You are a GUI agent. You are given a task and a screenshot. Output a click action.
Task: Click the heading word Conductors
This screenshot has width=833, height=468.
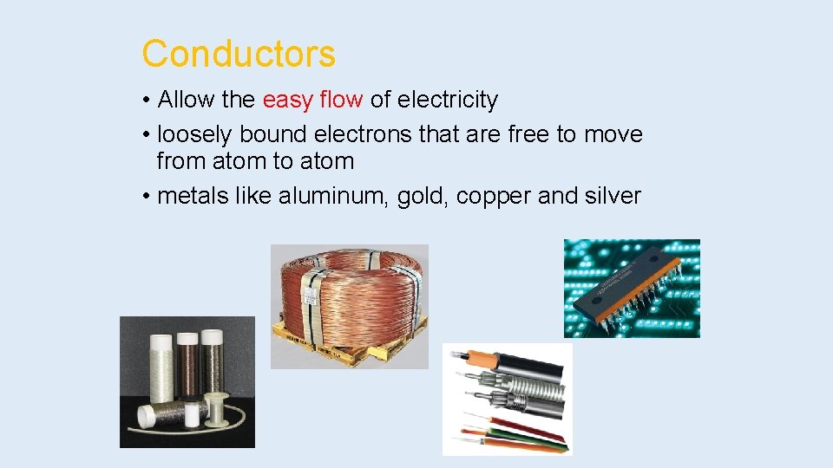tap(239, 54)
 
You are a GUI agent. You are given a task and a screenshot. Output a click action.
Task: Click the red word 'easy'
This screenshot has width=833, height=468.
tap(287, 100)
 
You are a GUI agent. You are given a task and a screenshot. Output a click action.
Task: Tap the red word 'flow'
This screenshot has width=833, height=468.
tap(341, 100)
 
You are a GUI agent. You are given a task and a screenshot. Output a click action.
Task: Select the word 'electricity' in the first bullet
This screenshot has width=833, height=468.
tap(448, 100)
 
